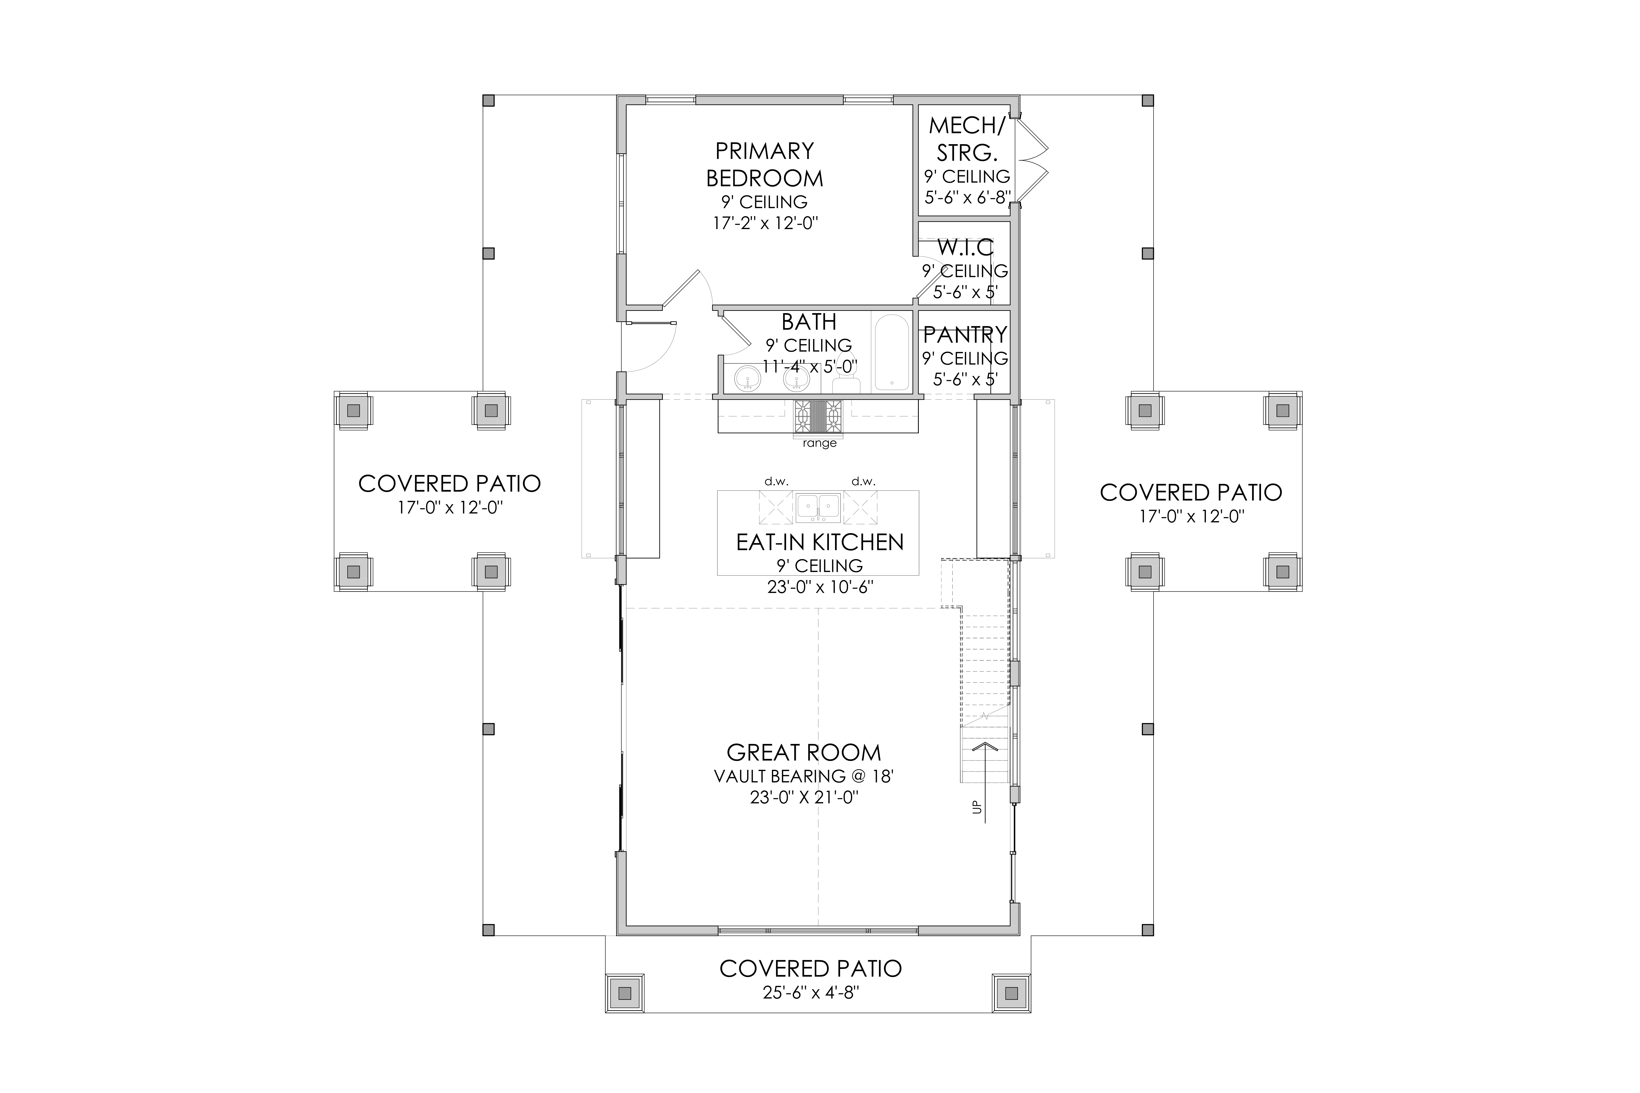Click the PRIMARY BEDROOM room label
point(765,164)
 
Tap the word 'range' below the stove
point(819,443)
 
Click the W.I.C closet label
point(966,247)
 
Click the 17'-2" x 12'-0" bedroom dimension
point(765,224)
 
